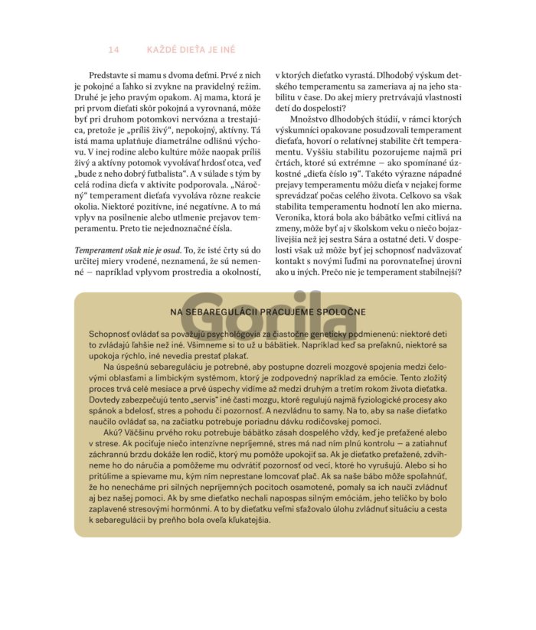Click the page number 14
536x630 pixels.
click(114, 50)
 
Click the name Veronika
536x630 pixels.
click(296, 217)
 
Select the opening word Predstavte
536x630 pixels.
click(110, 77)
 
